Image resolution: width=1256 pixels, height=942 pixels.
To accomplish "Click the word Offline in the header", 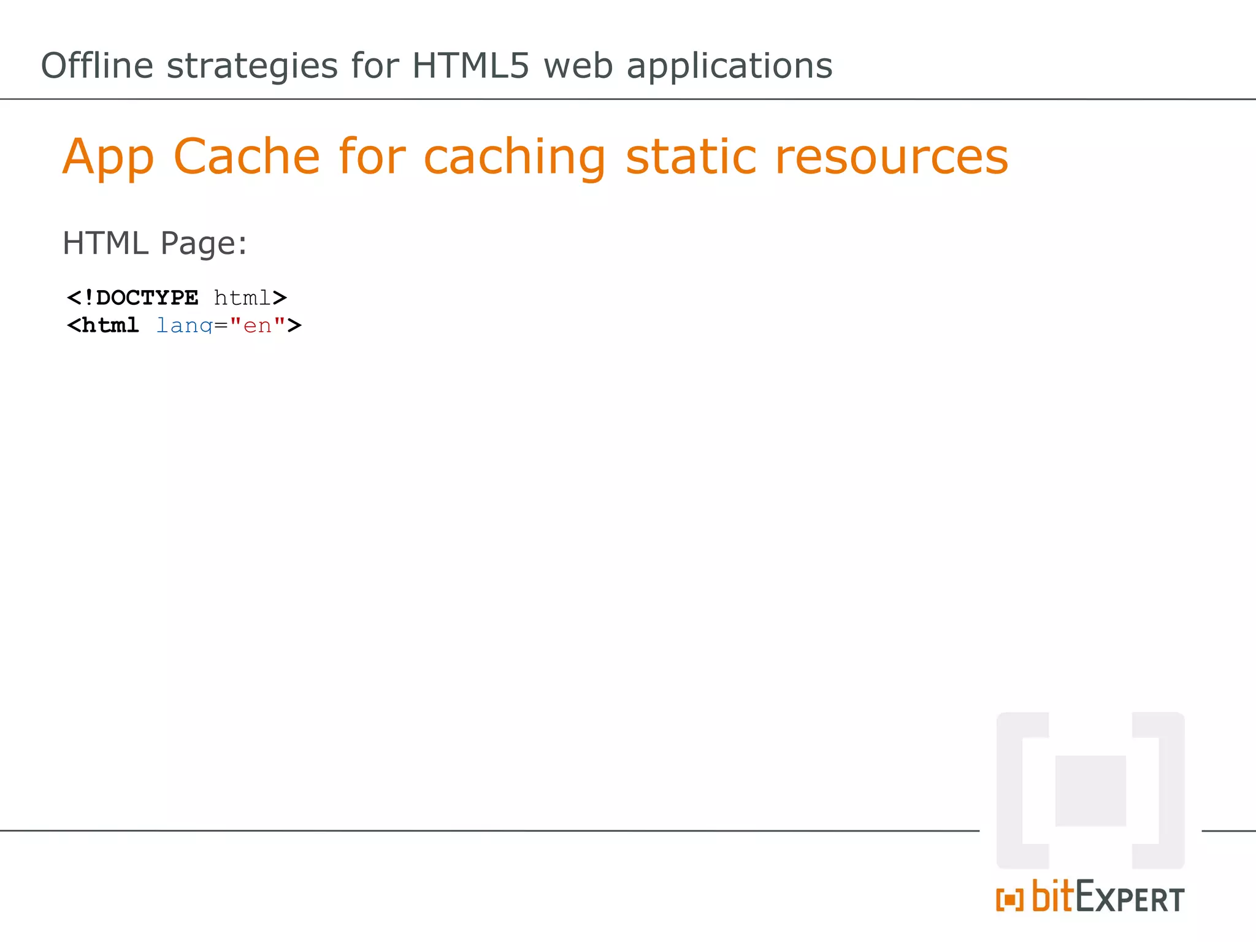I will pyautogui.click(x=97, y=66).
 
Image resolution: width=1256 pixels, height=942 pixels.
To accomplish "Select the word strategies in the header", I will pyautogui.click(x=252, y=66).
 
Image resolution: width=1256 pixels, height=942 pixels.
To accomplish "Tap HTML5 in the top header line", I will pyautogui.click(x=470, y=66).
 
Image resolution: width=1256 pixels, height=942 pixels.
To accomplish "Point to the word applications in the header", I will pyautogui.click(x=729, y=66).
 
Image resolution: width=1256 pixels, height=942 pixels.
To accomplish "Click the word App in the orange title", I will pyautogui.click(x=108, y=157).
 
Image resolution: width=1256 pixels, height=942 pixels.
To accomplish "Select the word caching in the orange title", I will pyautogui.click(x=515, y=158).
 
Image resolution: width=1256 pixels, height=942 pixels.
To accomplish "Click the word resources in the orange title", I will pyautogui.click(x=891, y=158).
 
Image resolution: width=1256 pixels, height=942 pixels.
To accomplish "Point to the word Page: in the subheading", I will pyautogui.click(x=204, y=243).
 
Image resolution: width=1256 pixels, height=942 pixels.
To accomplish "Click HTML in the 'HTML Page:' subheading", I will pyautogui.click(x=105, y=243).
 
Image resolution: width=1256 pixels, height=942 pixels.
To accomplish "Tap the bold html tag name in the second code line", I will pyautogui.click(x=110, y=325).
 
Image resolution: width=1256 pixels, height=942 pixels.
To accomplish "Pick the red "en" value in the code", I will pyautogui.click(x=258, y=325).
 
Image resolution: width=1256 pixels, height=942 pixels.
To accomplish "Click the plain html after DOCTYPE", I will pyautogui.click(x=242, y=298).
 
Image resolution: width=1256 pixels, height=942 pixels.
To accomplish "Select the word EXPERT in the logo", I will pyautogui.click(x=1130, y=898).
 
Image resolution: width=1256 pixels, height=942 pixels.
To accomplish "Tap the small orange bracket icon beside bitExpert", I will pyautogui.click(x=1009, y=900).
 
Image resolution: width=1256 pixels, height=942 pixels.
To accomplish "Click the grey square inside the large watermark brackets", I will pyautogui.click(x=1090, y=791).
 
